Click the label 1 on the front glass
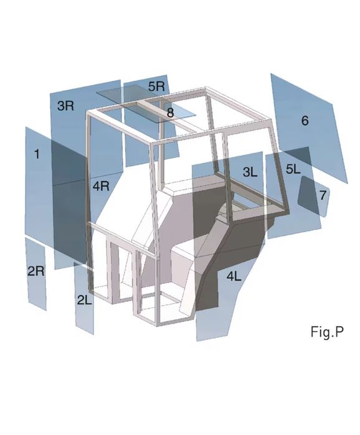point(37,154)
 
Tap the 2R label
point(36,271)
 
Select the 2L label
point(84,300)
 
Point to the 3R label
point(66,106)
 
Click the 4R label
point(101,186)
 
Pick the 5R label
point(156,87)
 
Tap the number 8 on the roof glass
point(171,113)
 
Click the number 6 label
point(305,120)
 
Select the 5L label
point(293,169)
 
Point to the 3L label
point(250,172)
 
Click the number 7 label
point(323,195)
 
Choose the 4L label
point(234,276)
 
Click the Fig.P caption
point(327,332)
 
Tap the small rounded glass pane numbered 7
point(314,197)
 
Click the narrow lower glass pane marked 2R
point(36,274)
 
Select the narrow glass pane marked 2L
point(84,298)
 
